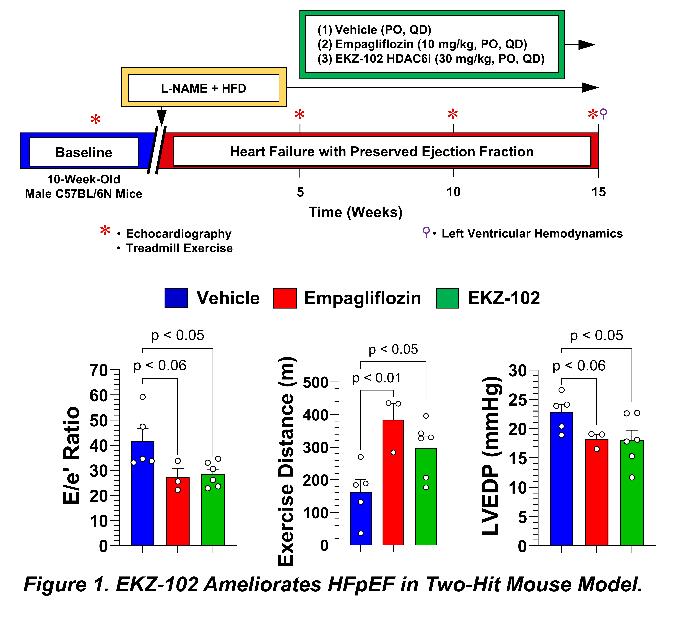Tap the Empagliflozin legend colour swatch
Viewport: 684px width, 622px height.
point(285,298)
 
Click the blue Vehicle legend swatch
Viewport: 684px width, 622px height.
point(176,298)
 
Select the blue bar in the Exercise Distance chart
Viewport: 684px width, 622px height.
point(361,519)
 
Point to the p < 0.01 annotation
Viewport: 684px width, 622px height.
point(377,378)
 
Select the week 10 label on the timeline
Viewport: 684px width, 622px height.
point(453,192)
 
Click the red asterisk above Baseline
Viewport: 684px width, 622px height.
point(96,120)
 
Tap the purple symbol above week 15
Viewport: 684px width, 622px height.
point(603,114)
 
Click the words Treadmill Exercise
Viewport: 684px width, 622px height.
point(179,248)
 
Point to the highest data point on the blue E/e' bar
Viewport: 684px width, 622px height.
point(143,397)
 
